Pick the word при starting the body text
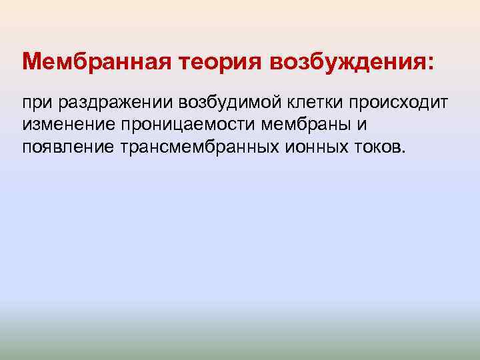[37, 103]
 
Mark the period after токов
[402, 149]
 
